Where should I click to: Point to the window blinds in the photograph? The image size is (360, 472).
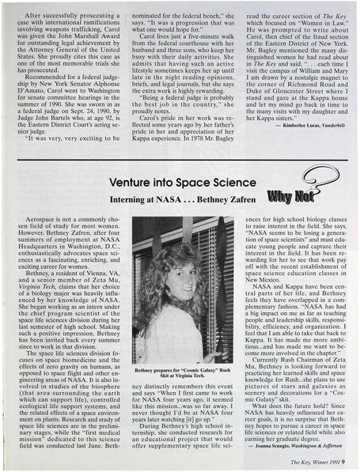(x=212, y=269)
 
